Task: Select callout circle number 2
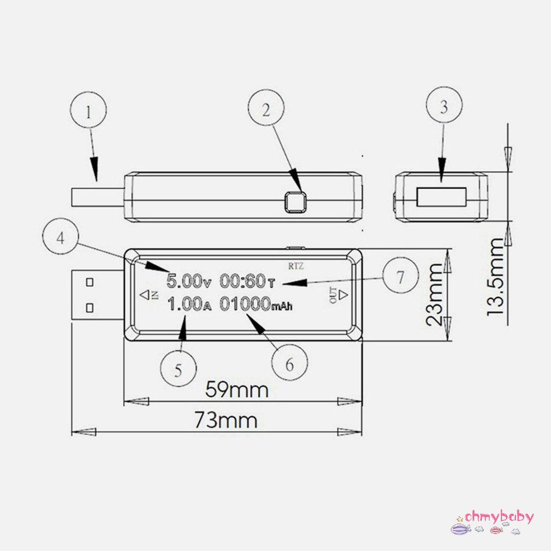(266, 110)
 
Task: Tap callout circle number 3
(444, 108)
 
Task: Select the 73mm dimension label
(226, 420)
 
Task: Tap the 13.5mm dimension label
(496, 276)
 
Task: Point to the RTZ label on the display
(296, 266)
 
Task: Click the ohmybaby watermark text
(499, 516)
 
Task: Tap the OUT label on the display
(334, 295)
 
